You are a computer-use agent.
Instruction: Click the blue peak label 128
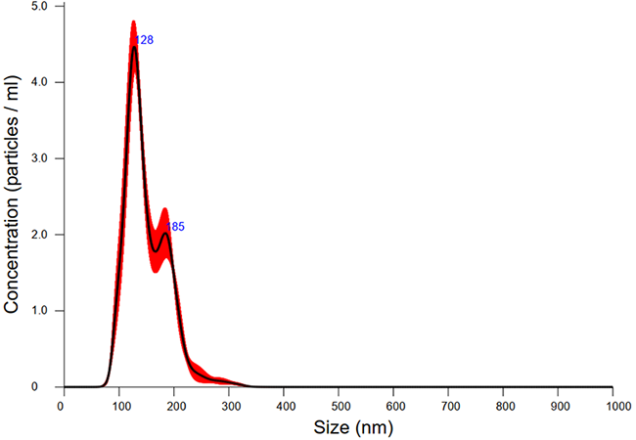144,40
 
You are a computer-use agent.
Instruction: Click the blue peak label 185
176,227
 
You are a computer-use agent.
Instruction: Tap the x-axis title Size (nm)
338,427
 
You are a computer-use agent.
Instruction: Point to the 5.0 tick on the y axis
43,6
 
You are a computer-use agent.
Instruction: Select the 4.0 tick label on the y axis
43,82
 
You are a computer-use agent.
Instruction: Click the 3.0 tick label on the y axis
43,158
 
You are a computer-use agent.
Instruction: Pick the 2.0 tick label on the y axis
43,235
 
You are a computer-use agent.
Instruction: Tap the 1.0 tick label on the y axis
43,311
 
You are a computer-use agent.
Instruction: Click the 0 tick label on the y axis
48,387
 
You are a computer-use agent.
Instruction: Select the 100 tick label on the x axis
116,405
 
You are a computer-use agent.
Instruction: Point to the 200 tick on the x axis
172,405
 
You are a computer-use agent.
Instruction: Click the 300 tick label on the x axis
227,405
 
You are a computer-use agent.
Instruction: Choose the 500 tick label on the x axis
338,405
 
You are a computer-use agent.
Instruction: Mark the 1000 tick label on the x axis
613,405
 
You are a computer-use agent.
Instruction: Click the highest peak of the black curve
133,47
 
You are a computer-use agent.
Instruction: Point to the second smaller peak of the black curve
165,233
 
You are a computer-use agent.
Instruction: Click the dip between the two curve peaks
155,251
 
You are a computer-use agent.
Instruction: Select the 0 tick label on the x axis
61,405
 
